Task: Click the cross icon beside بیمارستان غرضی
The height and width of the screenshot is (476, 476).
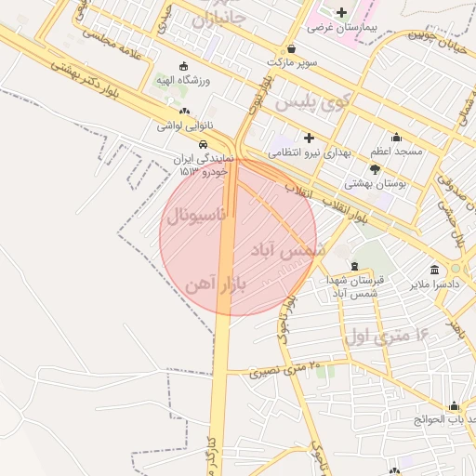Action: tap(342, 12)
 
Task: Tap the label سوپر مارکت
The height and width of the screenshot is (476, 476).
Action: tap(292, 62)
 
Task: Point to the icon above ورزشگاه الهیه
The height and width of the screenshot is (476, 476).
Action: tap(182, 66)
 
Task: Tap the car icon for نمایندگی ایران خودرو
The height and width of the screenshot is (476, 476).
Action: tap(203, 144)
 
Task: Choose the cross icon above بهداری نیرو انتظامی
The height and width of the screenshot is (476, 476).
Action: tap(309, 137)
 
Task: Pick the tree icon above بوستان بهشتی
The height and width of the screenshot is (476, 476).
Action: tap(375, 169)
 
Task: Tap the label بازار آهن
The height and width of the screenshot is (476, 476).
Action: tap(215, 283)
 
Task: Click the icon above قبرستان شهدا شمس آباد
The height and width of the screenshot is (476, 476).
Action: tap(355, 266)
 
